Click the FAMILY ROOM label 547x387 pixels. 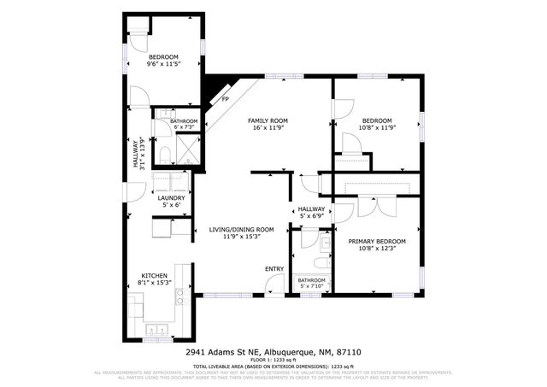click(x=268, y=120)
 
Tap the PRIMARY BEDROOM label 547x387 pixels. click(x=377, y=242)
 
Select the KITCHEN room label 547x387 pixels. click(x=155, y=275)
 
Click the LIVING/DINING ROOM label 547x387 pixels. click(x=241, y=229)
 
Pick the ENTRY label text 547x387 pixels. click(x=273, y=269)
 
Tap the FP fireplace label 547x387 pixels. click(x=226, y=99)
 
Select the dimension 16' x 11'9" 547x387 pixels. click(x=268, y=128)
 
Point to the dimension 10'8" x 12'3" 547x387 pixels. click(x=377, y=249)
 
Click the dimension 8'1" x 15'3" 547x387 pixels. click(x=155, y=283)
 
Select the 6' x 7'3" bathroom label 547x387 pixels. click(x=183, y=128)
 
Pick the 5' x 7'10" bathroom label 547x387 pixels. click(x=311, y=285)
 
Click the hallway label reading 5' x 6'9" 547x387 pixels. click(x=311, y=216)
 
